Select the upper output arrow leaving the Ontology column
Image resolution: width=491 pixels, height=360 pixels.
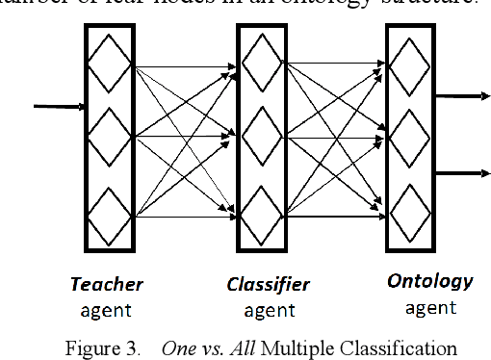(x=462, y=96)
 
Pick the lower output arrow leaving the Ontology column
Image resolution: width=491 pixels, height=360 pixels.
(x=462, y=173)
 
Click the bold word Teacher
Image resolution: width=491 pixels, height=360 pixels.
(x=107, y=284)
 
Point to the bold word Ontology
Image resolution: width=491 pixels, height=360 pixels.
(x=430, y=282)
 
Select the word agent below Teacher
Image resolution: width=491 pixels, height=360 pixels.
(x=107, y=310)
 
